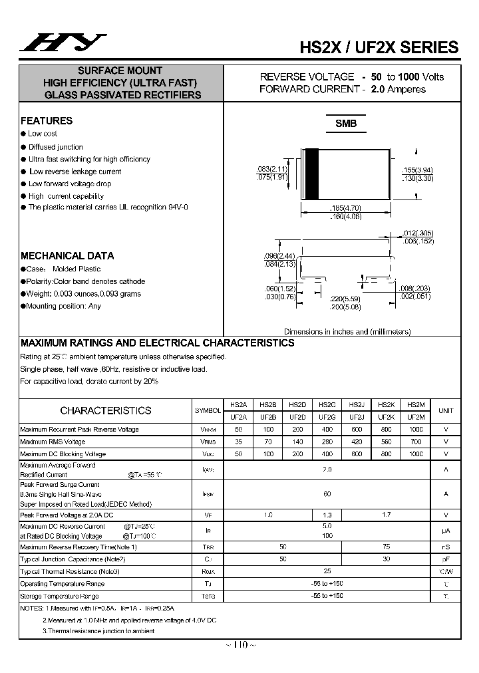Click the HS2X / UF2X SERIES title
(379, 47)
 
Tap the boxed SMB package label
(345, 124)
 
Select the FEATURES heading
(47, 121)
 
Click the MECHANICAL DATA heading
(67, 255)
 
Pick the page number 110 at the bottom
(240, 644)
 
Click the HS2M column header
(415, 404)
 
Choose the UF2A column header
(238, 417)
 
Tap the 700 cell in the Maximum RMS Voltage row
(416, 442)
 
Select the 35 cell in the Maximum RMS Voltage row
(238, 442)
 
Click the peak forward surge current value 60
(327, 494)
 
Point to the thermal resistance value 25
(327, 571)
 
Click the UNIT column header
(446, 411)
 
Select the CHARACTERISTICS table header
(106, 411)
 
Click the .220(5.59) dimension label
(344, 300)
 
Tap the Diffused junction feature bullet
(55, 147)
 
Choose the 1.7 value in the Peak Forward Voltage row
(386, 515)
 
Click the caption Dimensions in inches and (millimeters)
(347, 331)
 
